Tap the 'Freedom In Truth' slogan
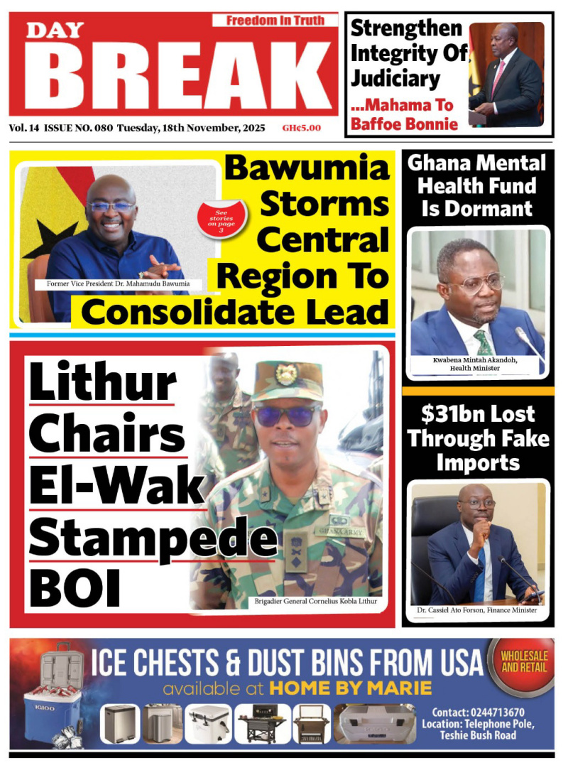[275, 21]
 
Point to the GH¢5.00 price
[301, 129]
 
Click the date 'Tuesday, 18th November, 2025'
[191, 129]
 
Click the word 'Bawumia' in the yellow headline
[307, 169]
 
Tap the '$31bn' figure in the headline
[449, 414]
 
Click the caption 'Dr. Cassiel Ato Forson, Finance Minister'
[476, 609]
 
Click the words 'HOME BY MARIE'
[350, 688]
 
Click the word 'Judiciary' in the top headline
[395, 78]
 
